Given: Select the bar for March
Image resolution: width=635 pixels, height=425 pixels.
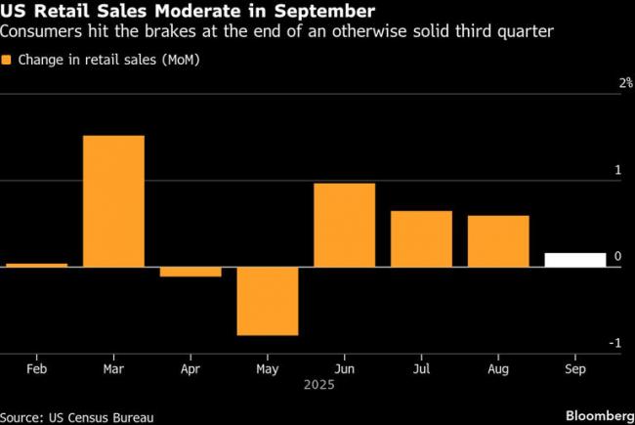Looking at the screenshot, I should [113, 200].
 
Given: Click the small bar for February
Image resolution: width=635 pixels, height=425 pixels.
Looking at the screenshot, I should [36, 265].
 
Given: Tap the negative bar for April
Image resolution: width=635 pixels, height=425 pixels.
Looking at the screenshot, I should [190, 272].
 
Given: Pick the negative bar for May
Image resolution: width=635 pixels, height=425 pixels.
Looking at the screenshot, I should [268, 301].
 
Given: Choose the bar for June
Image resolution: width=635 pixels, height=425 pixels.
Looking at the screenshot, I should [344, 225].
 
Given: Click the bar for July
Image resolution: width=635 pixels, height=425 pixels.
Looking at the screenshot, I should [421, 238].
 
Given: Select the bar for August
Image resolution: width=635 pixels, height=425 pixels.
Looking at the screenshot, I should [498, 241].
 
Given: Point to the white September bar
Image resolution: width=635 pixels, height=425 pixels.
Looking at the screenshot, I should [575, 260].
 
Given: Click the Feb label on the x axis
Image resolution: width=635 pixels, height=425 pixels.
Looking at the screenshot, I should [36, 372].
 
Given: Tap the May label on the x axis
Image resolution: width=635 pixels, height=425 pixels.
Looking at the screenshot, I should [268, 372].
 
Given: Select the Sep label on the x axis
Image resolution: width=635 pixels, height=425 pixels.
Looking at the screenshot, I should [575, 372].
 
